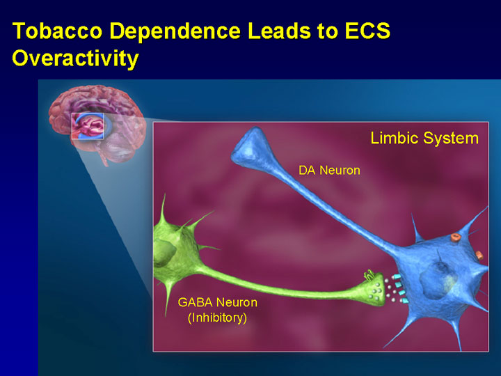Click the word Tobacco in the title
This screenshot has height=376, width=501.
(58, 31)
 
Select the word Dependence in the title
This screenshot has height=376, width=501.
(175, 31)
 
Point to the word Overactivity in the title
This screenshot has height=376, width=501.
(75, 58)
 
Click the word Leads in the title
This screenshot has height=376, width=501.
(279, 31)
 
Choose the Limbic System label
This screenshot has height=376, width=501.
(424, 139)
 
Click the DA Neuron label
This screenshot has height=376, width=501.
(329, 171)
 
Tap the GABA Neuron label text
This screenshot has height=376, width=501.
(218, 302)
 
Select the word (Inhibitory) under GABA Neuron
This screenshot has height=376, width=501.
(218, 318)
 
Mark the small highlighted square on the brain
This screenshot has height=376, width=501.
(88, 126)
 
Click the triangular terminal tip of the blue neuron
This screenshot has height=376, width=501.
(253, 146)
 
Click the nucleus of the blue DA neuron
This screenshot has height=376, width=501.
(438, 281)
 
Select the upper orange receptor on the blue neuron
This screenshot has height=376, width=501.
(456, 237)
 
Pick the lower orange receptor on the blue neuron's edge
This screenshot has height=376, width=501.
(479, 255)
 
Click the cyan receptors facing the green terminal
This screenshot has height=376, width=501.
(400, 289)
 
